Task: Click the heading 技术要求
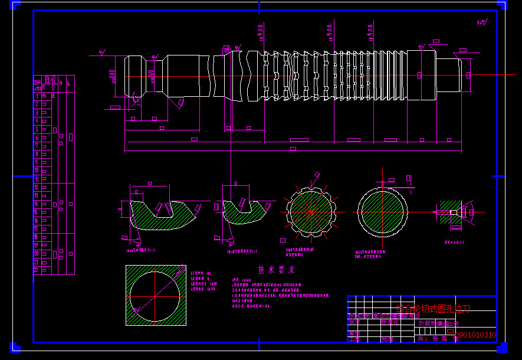(276, 270)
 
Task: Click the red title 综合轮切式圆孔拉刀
(434, 308)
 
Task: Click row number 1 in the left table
(37, 96)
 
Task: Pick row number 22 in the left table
(37, 270)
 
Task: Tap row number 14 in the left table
(37, 204)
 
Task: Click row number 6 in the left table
(37, 138)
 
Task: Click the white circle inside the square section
(155, 296)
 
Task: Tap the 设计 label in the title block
(353, 322)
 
